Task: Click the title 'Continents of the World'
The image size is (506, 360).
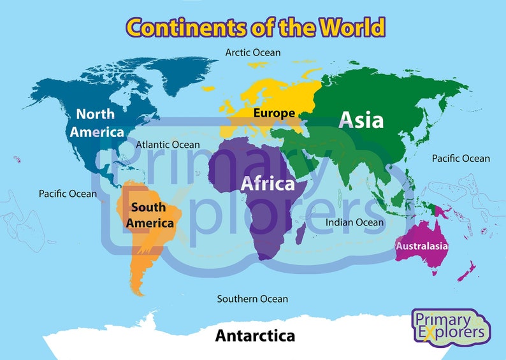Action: [x=255, y=27]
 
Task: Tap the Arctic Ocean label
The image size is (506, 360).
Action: [x=253, y=52]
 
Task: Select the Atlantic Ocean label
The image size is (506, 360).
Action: [x=168, y=145]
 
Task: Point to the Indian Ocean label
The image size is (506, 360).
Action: [x=355, y=222]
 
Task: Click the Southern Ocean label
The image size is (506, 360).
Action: [x=252, y=298]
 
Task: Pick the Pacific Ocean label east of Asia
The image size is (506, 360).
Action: [x=461, y=158]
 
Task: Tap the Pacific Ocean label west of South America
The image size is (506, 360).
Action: [x=68, y=193]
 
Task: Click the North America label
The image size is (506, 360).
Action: [x=96, y=123]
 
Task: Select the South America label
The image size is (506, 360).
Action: [x=150, y=215]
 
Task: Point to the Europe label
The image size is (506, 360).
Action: [x=274, y=113]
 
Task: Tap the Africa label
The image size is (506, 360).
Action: [x=268, y=184]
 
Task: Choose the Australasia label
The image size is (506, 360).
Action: [x=422, y=246]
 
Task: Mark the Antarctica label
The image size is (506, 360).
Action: [x=255, y=335]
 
